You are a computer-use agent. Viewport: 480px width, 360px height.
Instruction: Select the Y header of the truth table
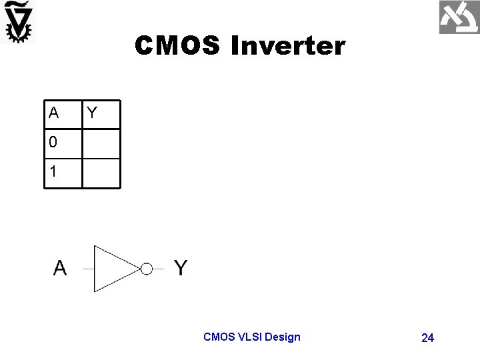pos(92,113)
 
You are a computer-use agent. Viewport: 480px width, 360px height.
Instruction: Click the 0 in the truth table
pos(53,143)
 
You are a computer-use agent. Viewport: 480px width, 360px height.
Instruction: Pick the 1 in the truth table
pos(53,171)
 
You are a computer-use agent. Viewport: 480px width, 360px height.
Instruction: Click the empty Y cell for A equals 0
pos(101,144)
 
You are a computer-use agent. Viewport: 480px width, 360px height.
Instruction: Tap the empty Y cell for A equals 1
pos(101,173)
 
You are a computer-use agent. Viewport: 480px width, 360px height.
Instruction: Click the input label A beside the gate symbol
pos(60,268)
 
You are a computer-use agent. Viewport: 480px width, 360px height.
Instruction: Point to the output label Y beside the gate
pos(181,268)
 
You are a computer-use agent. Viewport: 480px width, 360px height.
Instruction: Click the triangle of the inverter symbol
pos(113,269)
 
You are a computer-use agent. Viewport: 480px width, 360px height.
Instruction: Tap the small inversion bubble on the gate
pos(146,269)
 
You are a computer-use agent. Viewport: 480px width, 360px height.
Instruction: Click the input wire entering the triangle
pos(88,269)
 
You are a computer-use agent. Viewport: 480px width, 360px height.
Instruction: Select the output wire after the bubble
pos(158,269)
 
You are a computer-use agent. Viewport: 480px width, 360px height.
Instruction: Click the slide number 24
pos(428,338)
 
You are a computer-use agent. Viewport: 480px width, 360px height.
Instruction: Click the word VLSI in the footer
pos(248,337)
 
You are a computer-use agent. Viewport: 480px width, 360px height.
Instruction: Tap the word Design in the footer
pos(283,337)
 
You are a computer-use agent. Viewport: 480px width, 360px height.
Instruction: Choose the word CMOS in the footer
pos(218,337)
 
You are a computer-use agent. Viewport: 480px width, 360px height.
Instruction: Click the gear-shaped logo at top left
pos(18,22)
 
